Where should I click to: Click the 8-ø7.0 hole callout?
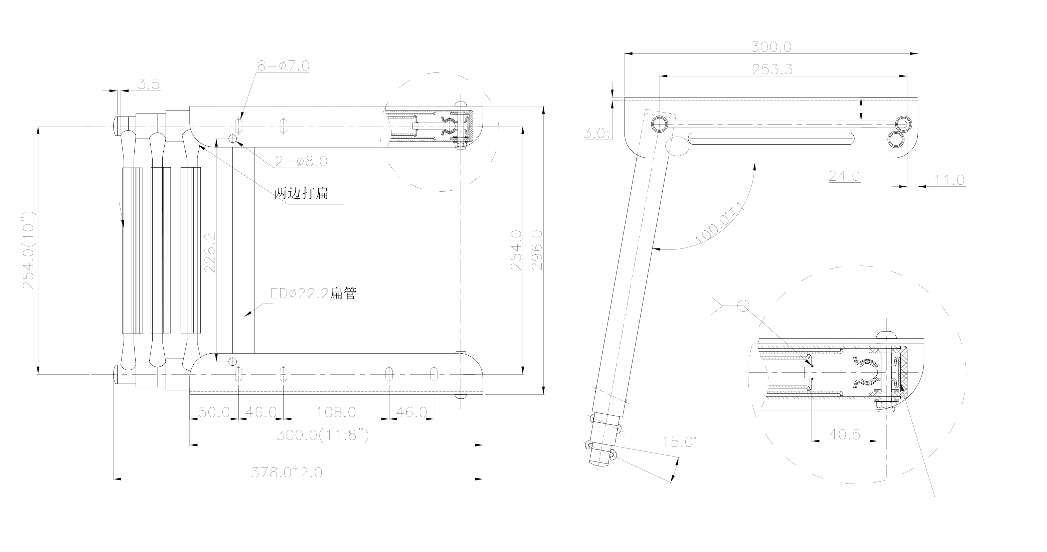pyautogui.click(x=283, y=66)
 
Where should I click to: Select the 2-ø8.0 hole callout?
pyautogui.click(x=301, y=161)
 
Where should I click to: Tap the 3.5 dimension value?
pyautogui.click(x=148, y=84)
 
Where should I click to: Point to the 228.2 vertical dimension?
pyautogui.click(x=210, y=252)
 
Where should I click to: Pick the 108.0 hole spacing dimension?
pyautogui.click(x=336, y=412)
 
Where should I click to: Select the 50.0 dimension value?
pyautogui.click(x=214, y=412)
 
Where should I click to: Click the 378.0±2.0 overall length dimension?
pyautogui.click(x=287, y=472)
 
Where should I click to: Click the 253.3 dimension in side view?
pyautogui.click(x=772, y=69)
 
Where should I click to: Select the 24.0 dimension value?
pyautogui.click(x=844, y=176)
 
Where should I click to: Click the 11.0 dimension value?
pyautogui.click(x=949, y=180)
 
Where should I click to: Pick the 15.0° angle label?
pyautogui.click(x=680, y=442)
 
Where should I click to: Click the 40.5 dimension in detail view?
pyautogui.click(x=845, y=434)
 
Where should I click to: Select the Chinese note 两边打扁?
pyautogui.click(x=301, y=193)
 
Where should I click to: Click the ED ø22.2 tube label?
pyautogui.click(x=313, y=294)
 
